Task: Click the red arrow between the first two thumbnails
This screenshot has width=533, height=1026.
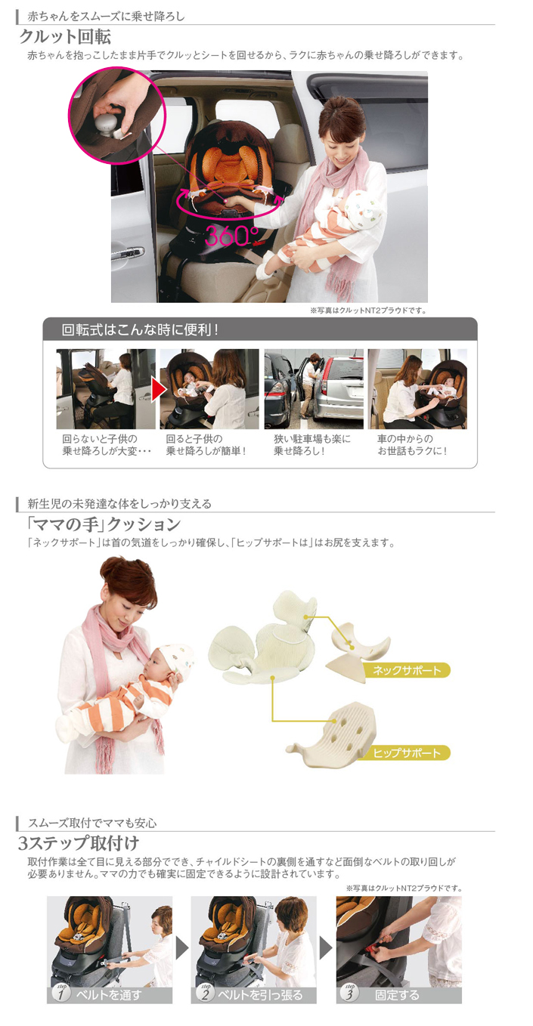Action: [158, 389]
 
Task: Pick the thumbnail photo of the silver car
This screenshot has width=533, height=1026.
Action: [313, 388]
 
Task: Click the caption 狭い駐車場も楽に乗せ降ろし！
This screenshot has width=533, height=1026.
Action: [311, 445]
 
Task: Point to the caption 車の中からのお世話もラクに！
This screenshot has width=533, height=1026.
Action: [414, 445]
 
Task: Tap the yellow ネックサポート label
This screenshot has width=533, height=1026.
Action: [405, 669]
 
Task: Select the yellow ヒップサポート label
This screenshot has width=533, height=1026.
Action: [406, 753]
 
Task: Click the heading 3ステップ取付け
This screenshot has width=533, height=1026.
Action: [79, 842]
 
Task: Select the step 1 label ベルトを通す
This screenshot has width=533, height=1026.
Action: [110, 994]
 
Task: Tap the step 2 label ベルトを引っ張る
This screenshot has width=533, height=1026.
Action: [253, 994]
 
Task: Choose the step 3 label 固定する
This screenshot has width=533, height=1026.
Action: [398, 994]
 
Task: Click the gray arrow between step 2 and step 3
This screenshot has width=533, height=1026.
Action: [326, 947]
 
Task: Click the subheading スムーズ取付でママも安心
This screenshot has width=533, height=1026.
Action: [92, 823]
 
